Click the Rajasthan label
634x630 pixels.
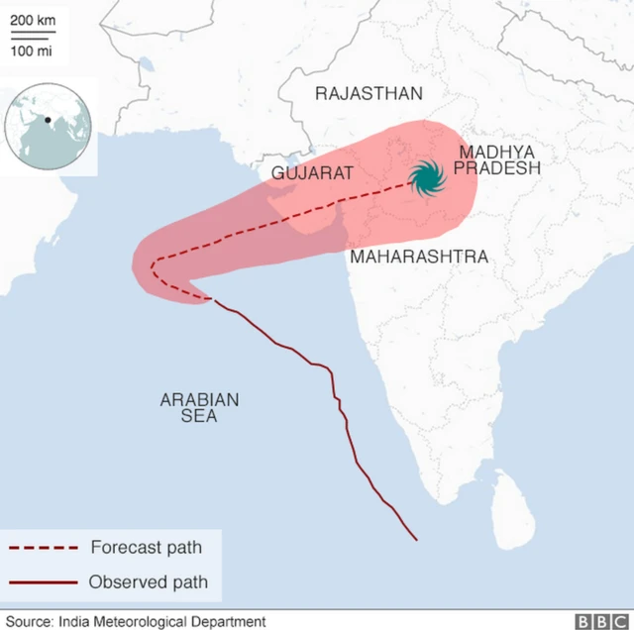[x=369, y=94]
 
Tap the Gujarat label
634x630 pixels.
[x=312, y=173]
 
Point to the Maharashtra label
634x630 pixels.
[x=417, y=257]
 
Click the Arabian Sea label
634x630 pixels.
[x=199, y=407]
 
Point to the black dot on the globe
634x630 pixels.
[x=47, y=121]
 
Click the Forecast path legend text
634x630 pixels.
[x=146, y=547]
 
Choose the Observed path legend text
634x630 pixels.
[x=149, y=581]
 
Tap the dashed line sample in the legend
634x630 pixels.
[x=44, y=548]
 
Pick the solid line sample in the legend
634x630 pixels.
[x=44, y=582]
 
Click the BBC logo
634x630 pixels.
[x=597, y=621]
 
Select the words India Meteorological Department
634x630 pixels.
[x=161, y=621]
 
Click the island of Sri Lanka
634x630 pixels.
[x=512, y=504]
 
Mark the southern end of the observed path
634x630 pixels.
[x=416, y=540]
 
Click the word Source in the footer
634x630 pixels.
[x=30, y=621]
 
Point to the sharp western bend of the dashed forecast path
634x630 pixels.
[x=152, y=265]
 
